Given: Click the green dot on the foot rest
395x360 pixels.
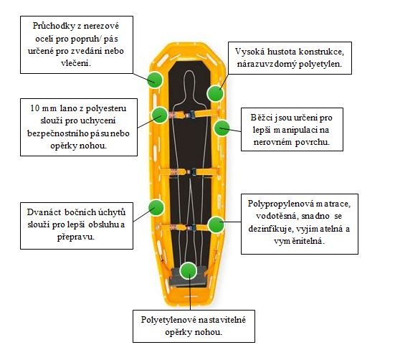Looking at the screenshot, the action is click(x=188, y=270).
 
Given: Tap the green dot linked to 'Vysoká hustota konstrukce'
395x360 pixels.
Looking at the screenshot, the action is click(x=215, y=93).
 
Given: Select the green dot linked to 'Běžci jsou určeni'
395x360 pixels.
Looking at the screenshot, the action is click(x=222, y=128).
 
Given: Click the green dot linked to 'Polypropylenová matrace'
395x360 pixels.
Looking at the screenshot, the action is click(x=216, y=224).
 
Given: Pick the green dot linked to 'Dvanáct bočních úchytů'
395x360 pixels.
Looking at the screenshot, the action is click(x=156, y=207).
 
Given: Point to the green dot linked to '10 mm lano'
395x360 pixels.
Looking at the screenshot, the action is click(x=160, y=115).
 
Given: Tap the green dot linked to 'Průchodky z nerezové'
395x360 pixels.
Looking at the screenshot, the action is click(x=155, y=80).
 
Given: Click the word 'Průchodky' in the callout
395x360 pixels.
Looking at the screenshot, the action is click(x=54, y=27).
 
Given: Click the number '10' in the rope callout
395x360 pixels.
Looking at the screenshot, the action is click(x=35, y=108).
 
